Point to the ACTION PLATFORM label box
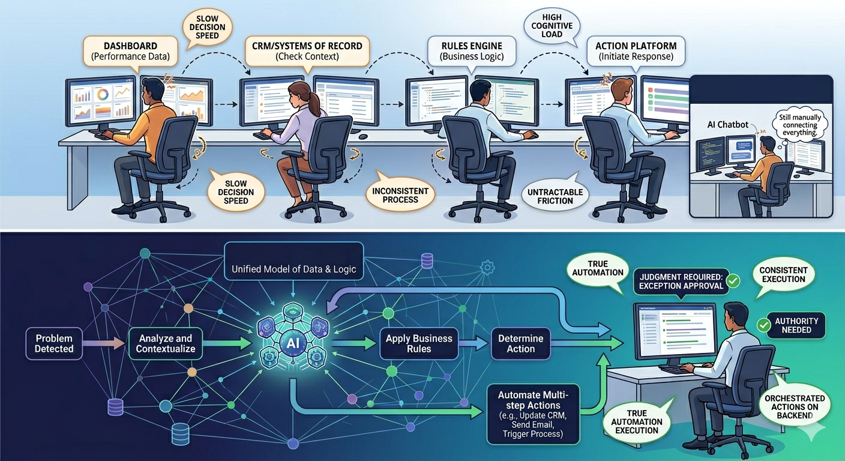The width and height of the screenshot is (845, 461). coord(636,51)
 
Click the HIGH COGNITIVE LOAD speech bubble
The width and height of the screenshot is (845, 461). coord(552,26)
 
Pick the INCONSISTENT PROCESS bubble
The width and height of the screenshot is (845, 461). coord(400,194)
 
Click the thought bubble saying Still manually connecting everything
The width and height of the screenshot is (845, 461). coord(798,123)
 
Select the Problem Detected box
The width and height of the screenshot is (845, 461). coord(54,343)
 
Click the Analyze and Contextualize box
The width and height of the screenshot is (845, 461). coord(166,343)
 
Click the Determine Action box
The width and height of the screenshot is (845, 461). coord(520,343)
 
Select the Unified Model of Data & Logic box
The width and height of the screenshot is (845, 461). coord(294,269)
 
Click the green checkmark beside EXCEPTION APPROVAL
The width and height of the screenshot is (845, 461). coord(732,280)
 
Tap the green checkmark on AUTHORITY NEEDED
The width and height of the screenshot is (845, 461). coord(764,325)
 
